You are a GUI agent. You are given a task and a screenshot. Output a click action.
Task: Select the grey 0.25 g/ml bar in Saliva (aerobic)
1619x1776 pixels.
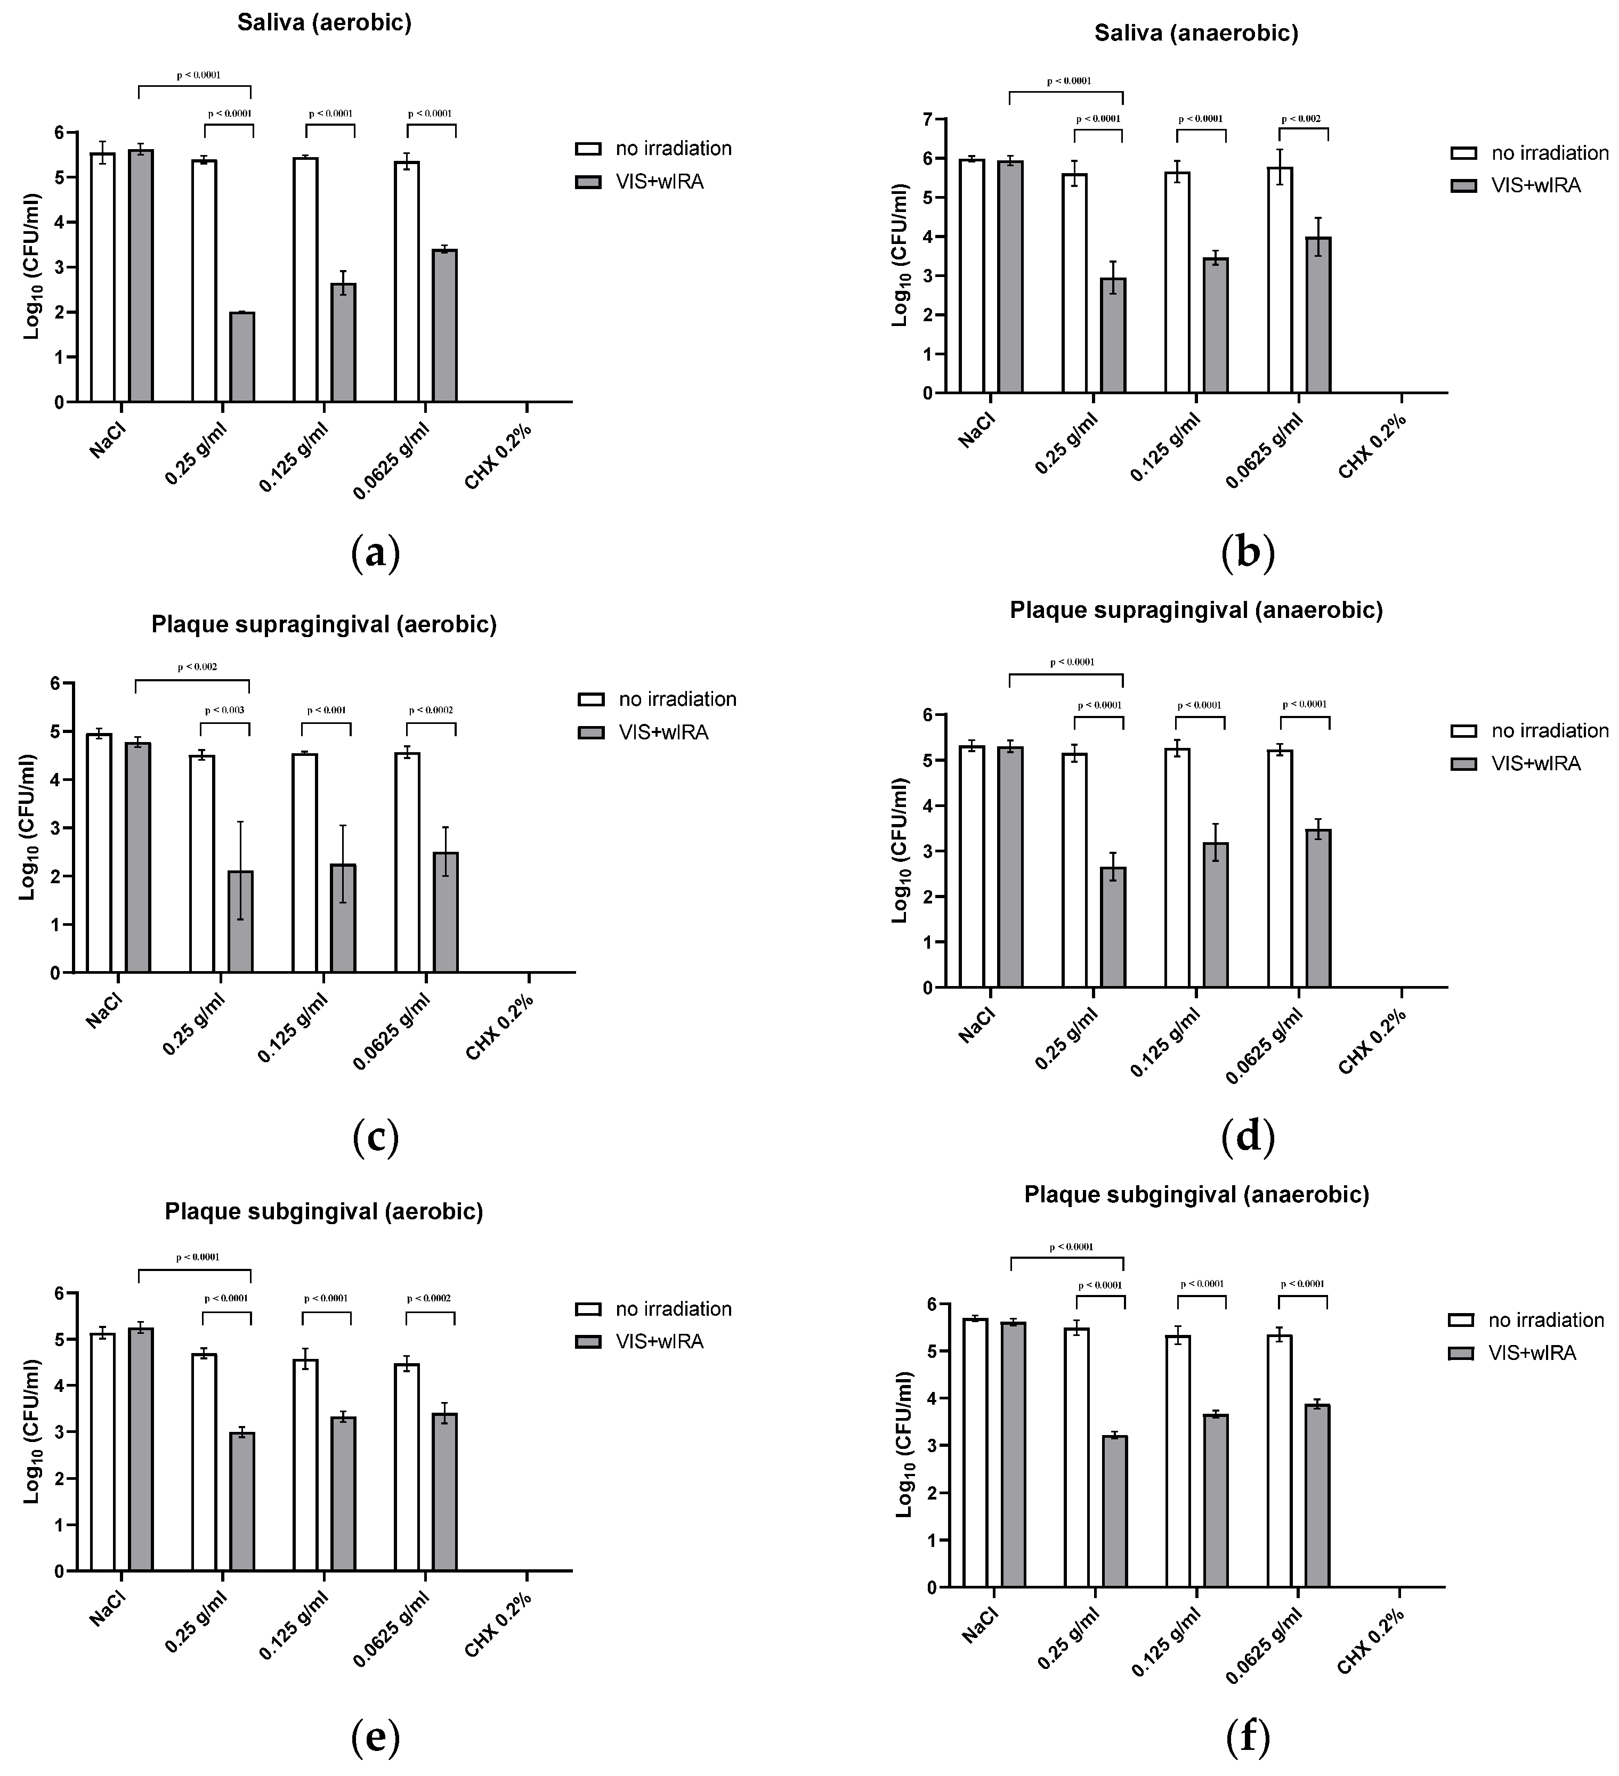pos(242,357)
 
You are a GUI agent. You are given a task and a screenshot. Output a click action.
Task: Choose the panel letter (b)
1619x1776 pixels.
pos(1248,552)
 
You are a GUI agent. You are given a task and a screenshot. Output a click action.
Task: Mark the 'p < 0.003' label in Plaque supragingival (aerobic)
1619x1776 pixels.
pos(225,710)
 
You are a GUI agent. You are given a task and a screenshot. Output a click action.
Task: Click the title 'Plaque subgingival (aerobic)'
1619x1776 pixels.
pos(323,1211)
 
